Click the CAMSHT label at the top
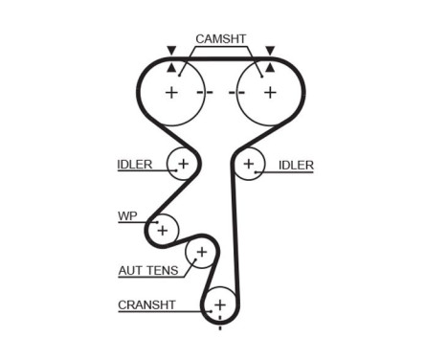[x=221, y=39]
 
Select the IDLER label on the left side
[x=135, y=165]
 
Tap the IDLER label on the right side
[x=296, y=165]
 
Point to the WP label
[x=127, y=216]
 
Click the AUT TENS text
[x=148, y=271]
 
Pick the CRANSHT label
[x=145, y=305]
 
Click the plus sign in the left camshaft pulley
[x=171, y=93]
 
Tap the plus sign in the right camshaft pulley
[x=270, y=93]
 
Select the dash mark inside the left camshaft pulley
[x=203, y=93]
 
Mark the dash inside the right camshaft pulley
[x=238, y=93]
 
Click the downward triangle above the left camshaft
[x=171, y=50]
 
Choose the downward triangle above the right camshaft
[x=270, y=50]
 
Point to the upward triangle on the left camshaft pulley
[x=171, y=68]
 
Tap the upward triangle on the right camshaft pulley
[x=270, y=68]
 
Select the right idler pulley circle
[x=250, y=165]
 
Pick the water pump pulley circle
[x=163, y=230]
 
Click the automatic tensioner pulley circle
[x=201, y=254]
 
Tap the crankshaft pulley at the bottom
[x=220, y=304]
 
